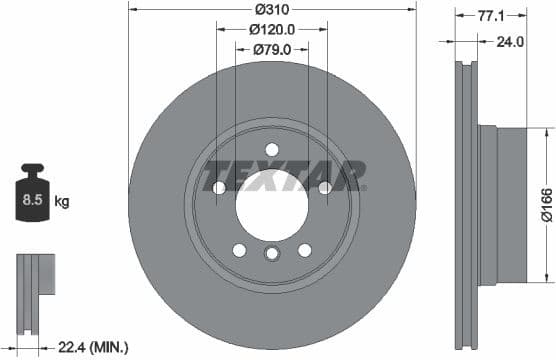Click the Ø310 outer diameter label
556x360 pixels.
tap(272, 9)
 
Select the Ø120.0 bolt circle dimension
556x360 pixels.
tap(272, 29)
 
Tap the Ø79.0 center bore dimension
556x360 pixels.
tap(272, 48)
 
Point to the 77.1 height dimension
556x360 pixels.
tap(489, 17)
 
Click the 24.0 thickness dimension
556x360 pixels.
tap(511, 42)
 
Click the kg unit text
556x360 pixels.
tap(62, 202)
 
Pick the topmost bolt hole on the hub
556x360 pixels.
tap(272, 150)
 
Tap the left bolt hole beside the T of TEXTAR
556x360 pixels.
tap(219, 188)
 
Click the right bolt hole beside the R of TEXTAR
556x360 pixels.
tap(325, 188)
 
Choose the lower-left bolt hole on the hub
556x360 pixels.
tap(239, 251)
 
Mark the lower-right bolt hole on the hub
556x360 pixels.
tap(305, 251)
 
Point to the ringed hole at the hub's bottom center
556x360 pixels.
tap(272, 256)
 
